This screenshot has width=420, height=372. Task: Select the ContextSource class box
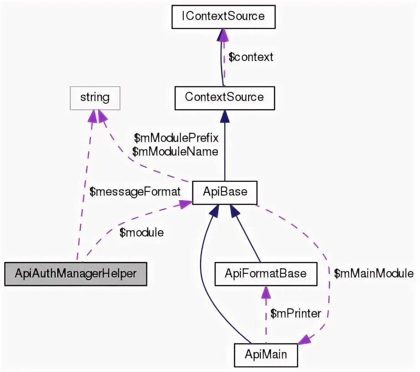click(224, 97)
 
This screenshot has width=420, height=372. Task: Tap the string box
click(95, 97)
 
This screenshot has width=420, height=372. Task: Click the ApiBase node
click(225, 192)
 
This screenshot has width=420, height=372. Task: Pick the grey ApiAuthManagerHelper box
click(75, 274)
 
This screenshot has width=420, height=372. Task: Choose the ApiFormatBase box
click(265, 274)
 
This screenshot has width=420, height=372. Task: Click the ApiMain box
click(266, 354)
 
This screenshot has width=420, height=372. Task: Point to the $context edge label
click(251, 57)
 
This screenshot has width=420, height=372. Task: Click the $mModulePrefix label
click(176, 137)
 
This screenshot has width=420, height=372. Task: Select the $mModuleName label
click(175, 151)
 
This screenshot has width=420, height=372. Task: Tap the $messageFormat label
click(135, 192)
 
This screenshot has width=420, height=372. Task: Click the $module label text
click(141, 232)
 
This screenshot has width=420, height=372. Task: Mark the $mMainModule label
click(374, 273)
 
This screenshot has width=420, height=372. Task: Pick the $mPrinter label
click(295, 313)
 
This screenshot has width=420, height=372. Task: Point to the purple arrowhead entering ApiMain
click(303, 339)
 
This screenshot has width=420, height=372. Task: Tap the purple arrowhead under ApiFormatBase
click(265, 292)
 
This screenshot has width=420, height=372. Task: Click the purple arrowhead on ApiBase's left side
click(185, 205)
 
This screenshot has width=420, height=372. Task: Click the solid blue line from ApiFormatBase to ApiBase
click(245, 234)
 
